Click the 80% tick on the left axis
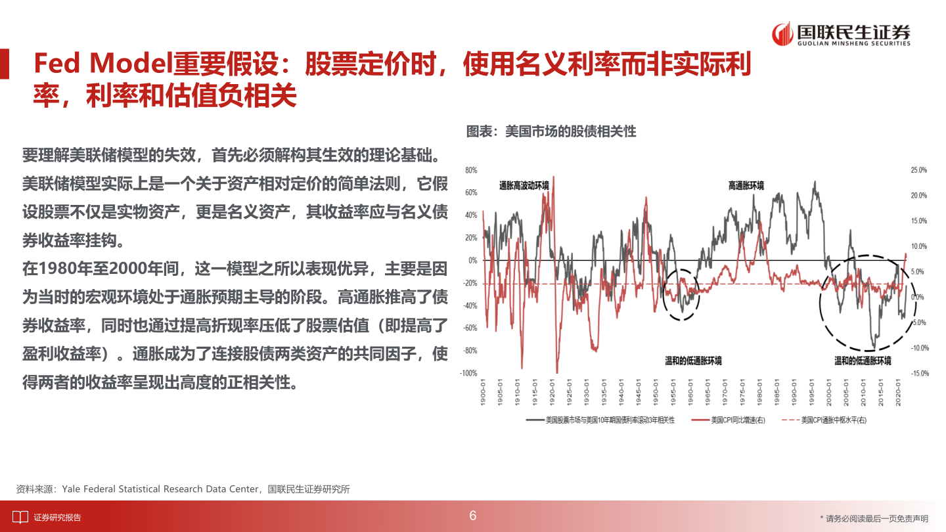tap(470, 170)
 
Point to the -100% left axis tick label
tap(468, 373)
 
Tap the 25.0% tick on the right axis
tap(918, 170)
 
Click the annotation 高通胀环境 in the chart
tap(746, 186)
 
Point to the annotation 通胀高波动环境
tap(524, 186)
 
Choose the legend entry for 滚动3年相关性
tap(609, 419)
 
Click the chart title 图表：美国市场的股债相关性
tap(551, 131)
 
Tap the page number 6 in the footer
tap(472, 516)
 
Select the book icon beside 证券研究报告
tap(20, 517)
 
